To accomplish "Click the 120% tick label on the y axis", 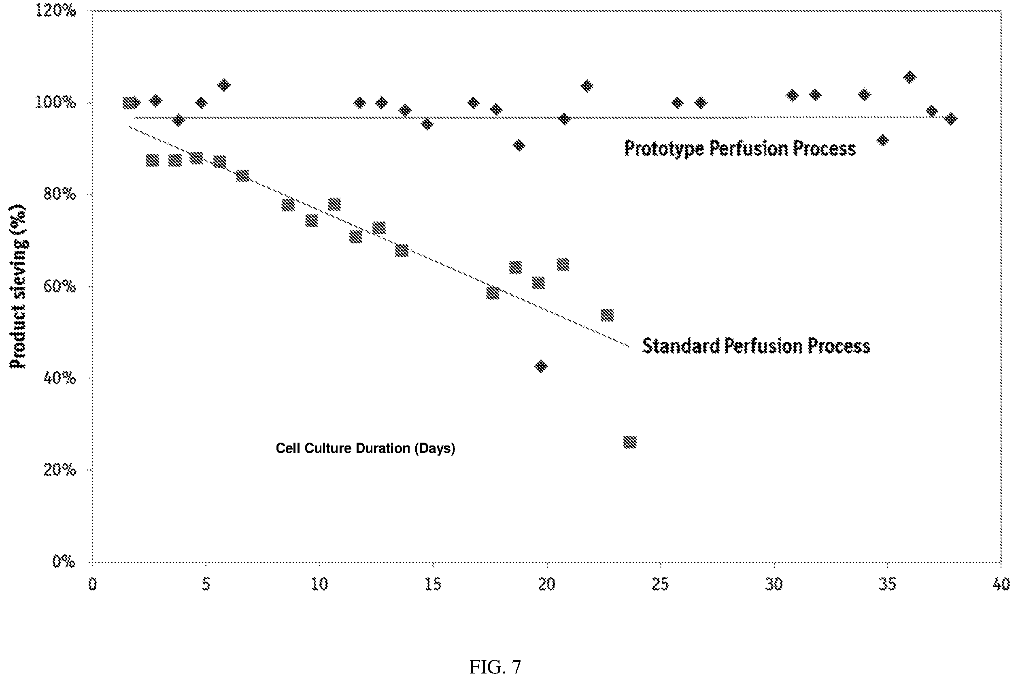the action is click(55, 11).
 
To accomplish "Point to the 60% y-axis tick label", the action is click(60, 286).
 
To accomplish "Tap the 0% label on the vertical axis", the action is click(64, 562).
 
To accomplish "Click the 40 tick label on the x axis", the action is click(1001, 584).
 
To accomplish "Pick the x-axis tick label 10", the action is click(319, 584).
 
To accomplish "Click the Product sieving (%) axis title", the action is click(18, 287).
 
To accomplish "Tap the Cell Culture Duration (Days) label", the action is click(366, 448).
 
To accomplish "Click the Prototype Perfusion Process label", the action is click(740, 149).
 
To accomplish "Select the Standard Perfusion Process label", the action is click(756, 346).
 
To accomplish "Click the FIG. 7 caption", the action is click(495, 667).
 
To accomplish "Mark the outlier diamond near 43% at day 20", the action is click(541, 366).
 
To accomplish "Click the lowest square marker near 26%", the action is click(630, 442).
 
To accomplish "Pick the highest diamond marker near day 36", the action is click(910, 77).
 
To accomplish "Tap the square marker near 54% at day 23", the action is click(607, 315).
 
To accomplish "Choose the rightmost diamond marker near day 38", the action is click(951, 119).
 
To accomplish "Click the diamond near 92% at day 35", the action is click(882, 140).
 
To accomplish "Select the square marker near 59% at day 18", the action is click(493, 293).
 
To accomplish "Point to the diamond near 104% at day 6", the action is click(224, 85).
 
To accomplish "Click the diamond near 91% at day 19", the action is click(519, 145).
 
